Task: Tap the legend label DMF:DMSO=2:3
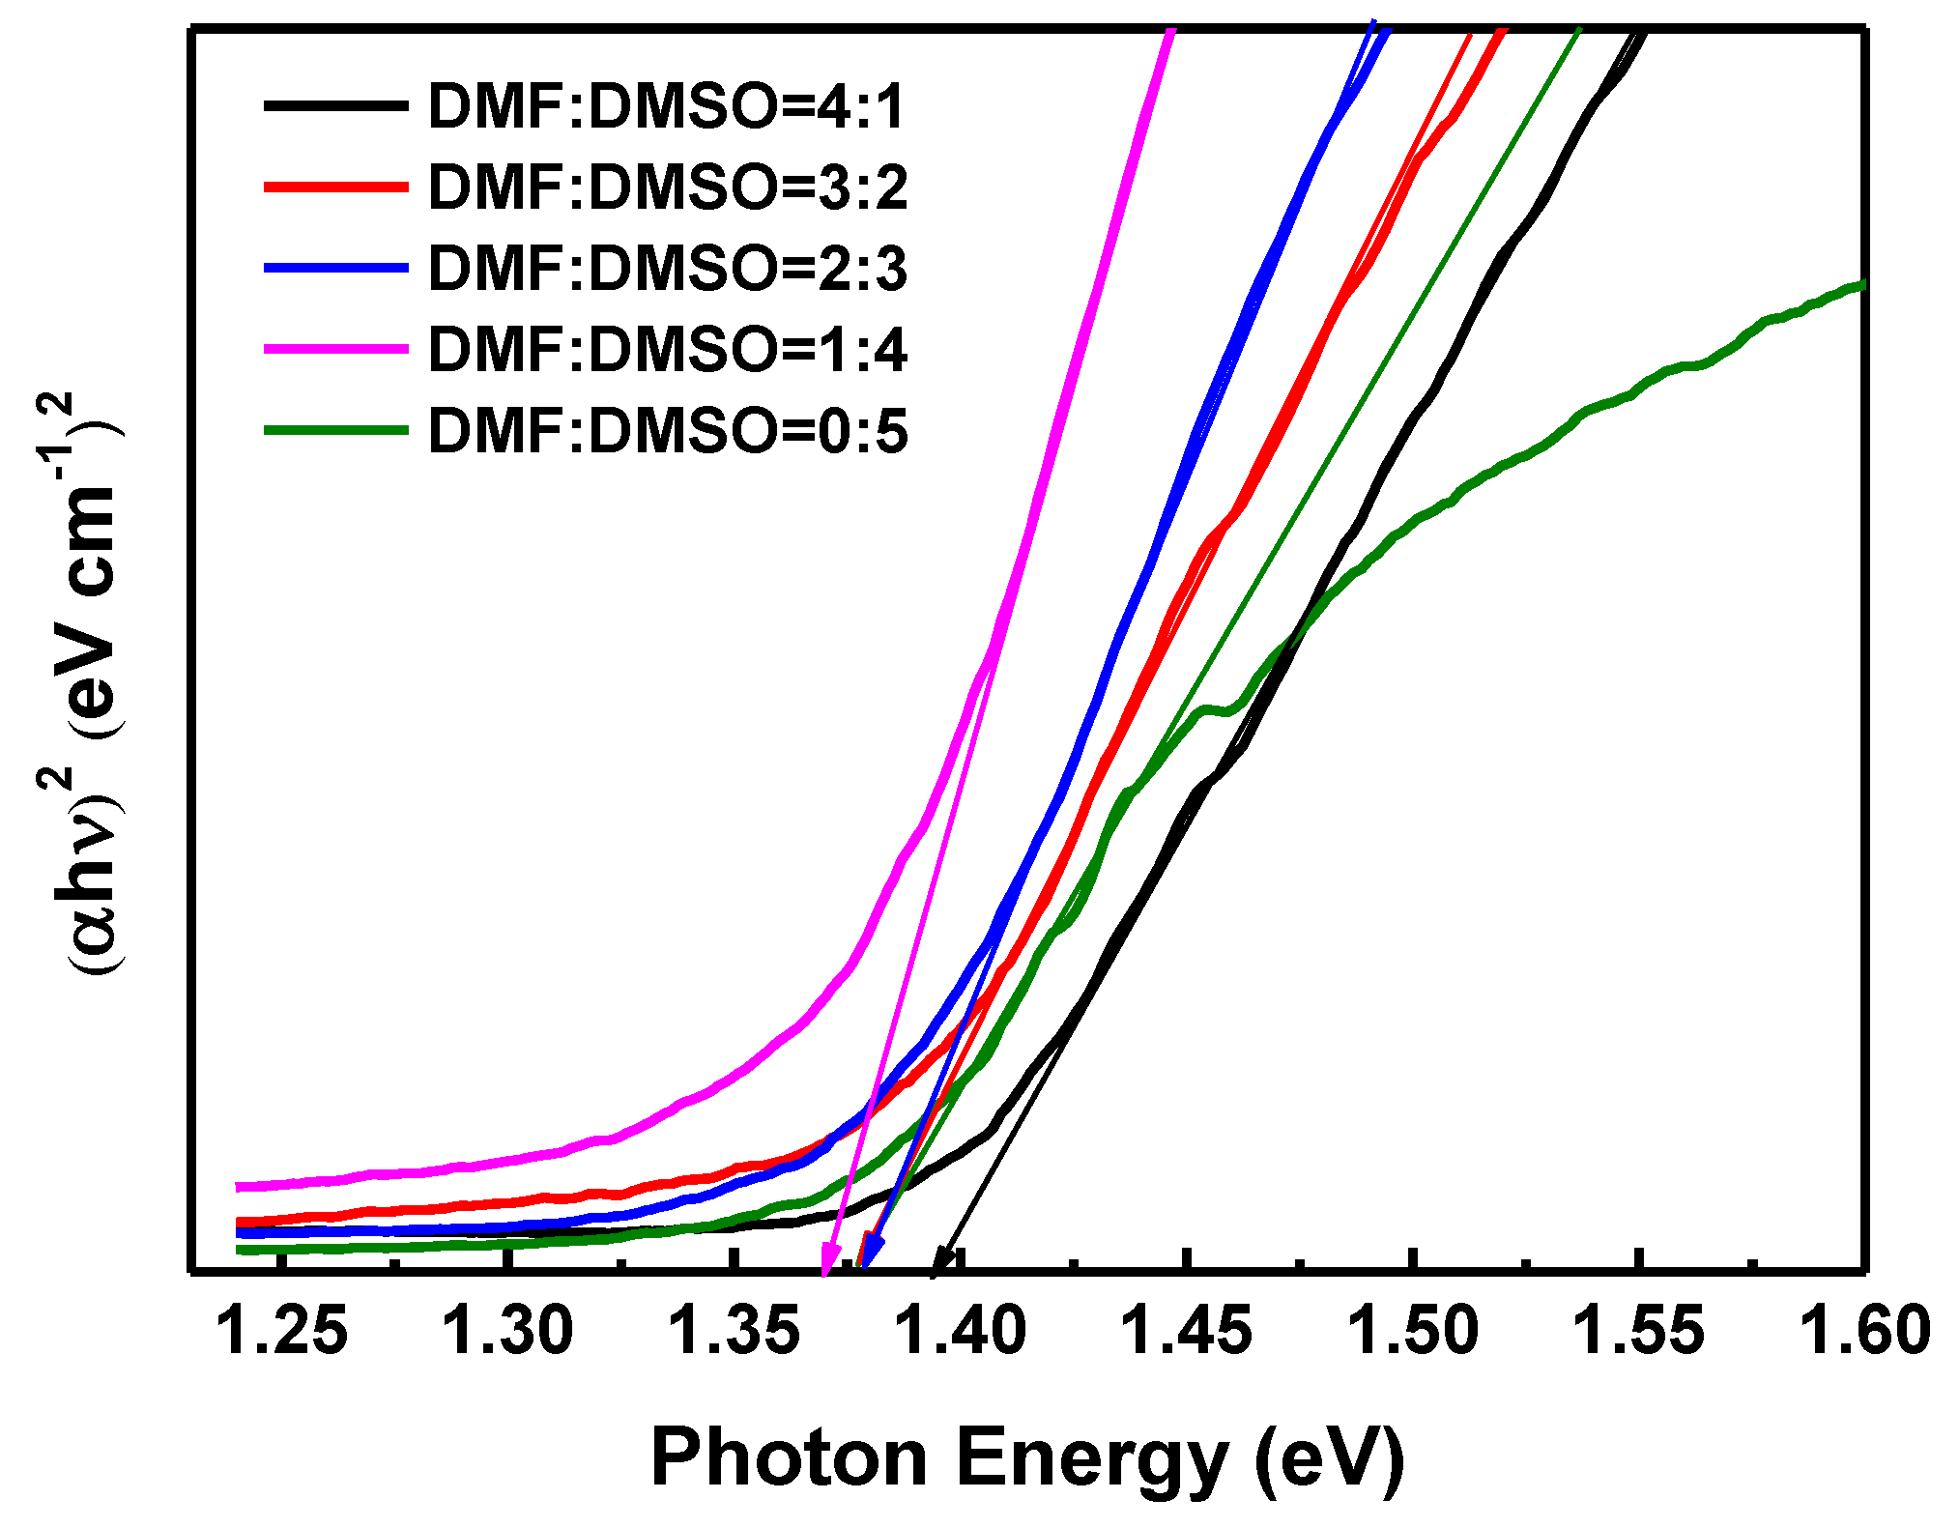point(667,268)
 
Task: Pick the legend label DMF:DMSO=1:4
point(667,349)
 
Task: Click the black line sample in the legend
point(335,105)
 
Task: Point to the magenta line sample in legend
point(335,349)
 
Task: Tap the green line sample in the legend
point(335,430)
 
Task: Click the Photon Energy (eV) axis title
point(1027,1456)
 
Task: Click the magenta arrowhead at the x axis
point(827,1260)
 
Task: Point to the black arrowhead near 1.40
point(942,1260)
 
